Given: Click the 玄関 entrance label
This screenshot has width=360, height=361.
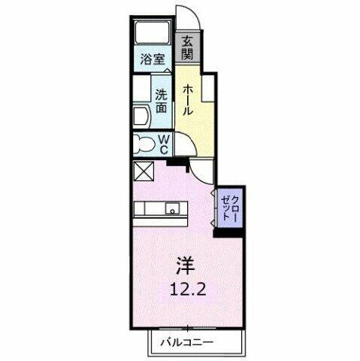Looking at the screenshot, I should [x=186, y=49].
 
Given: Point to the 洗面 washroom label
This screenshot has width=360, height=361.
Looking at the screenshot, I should [x=161, y=102].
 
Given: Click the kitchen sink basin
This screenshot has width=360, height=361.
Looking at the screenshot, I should [x=172, y=210].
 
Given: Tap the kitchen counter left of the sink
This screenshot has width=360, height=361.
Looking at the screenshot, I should [x=149, y=210].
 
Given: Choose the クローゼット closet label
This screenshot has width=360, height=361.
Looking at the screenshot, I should [x=229, y=205].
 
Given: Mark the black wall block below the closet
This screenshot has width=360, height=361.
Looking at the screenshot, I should [x=229, y=231].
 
